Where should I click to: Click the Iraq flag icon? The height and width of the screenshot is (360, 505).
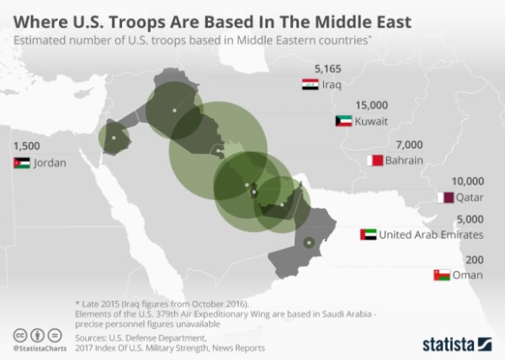pyautogui.click(x=309, y=85)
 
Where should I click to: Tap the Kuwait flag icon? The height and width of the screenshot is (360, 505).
pyautogui.click(x=341, y=122)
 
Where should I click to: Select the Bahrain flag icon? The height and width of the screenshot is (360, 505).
pyautogui.click(x=373, y=160)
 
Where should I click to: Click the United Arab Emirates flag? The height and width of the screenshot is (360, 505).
pyautogui.click(x=366, y=234)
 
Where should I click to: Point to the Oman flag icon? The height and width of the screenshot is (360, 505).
pyautogui.click(x=440, y=275)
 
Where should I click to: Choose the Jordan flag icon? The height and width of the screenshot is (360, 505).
pyautogui.click(x=21, y=164)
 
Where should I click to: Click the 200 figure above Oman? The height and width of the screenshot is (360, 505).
pyautogui.click(x=474, y=259)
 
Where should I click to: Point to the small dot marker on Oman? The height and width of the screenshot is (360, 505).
pyautogui.click(x=308, y=241)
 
